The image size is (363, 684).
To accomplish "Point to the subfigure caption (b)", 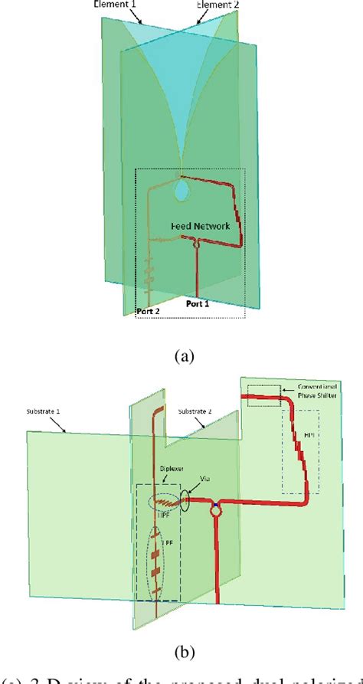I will pos(181,653).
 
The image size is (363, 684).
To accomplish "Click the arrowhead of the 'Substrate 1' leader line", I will pos(74,433).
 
